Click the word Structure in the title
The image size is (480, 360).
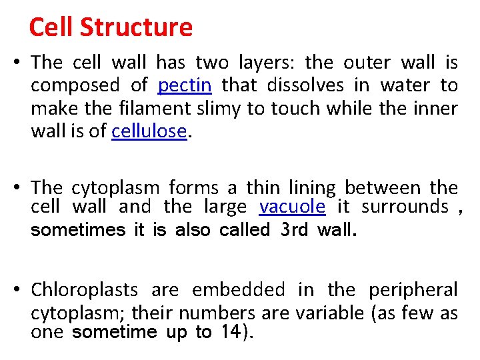click(135, 27)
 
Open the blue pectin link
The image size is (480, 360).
click(185, 86)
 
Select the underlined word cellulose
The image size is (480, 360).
click(149, 131)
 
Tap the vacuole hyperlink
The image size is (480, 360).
click(292, 207)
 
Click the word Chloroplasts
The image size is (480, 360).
click(85, 290)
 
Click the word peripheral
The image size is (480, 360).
click(413, 290)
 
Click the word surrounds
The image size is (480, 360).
click(405, 207)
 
